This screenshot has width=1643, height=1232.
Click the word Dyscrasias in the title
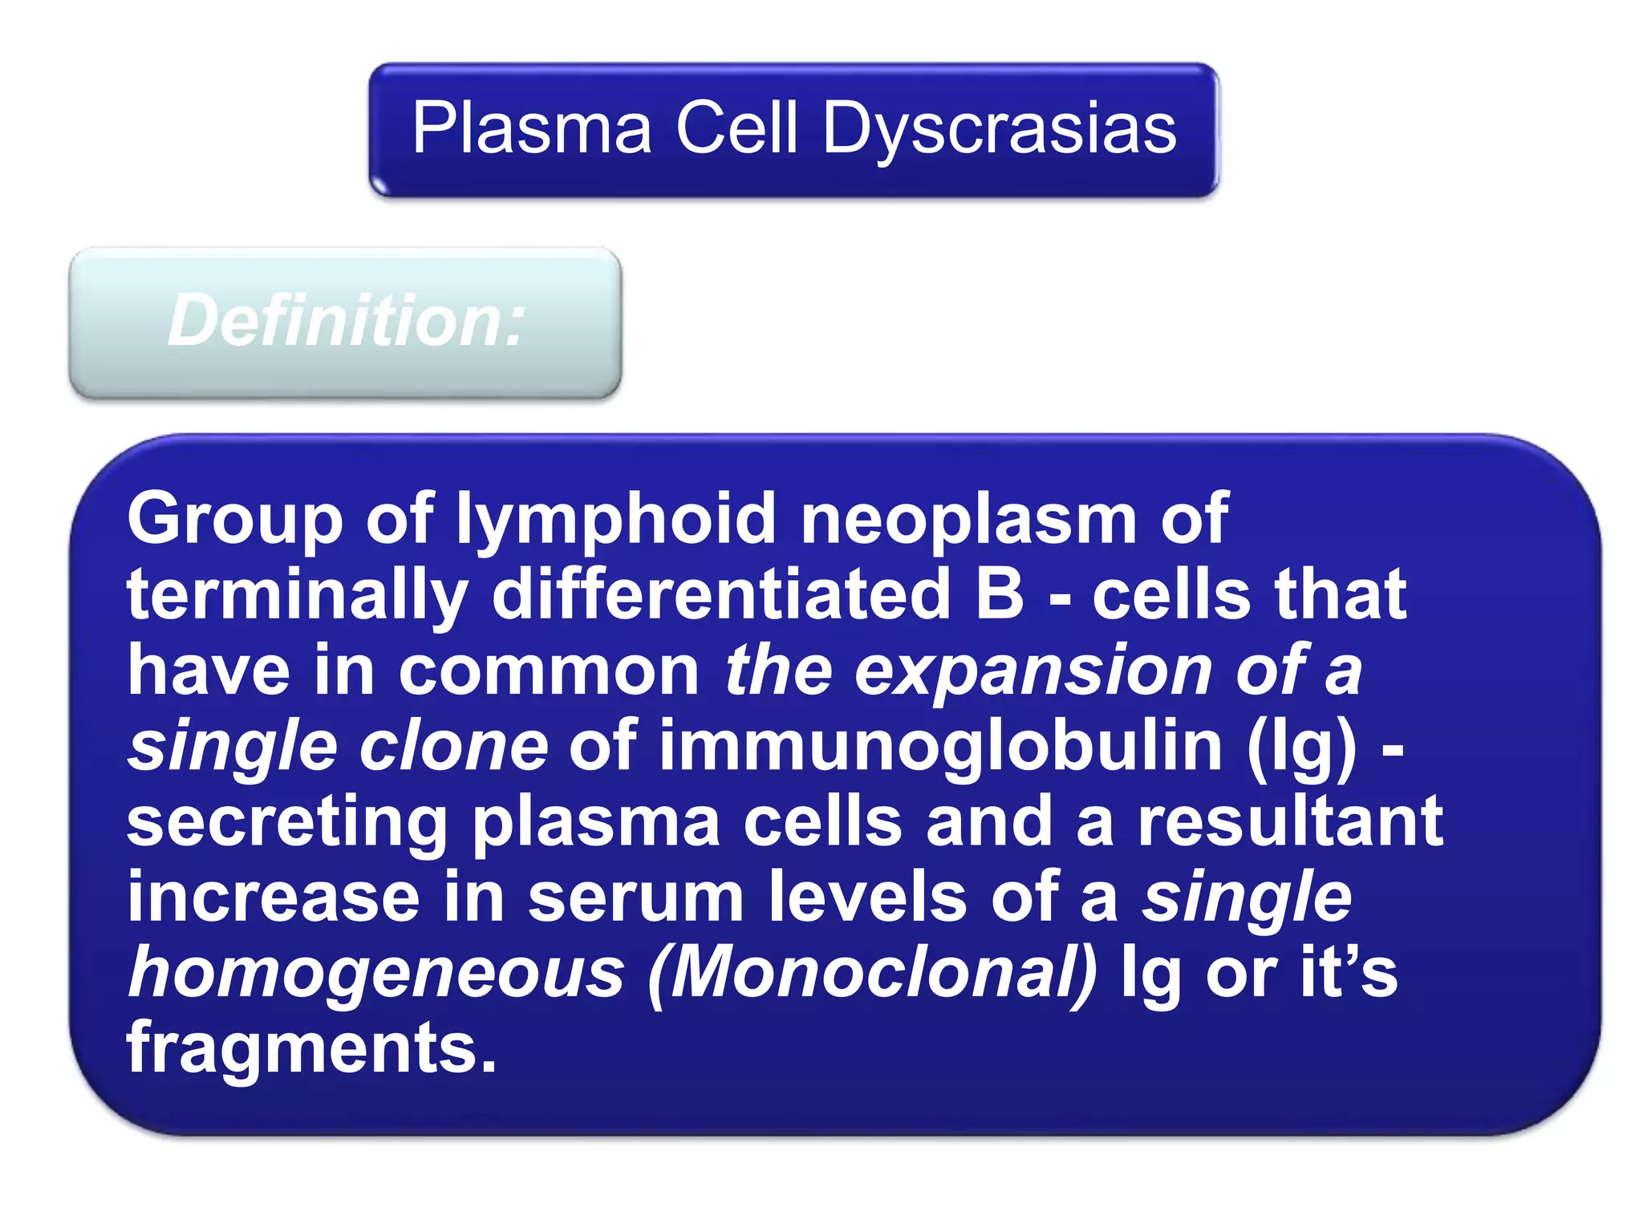point(1000,129)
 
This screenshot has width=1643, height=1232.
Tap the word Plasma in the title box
point(532,129)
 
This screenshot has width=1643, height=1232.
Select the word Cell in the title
point(737,129)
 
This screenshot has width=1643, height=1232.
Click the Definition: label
point(346,322)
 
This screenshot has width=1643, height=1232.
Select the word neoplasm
point(968,520)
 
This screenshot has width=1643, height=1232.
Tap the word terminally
point(298,596)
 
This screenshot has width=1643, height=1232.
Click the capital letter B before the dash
point(1000,594)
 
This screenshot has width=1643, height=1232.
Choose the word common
point(549,671)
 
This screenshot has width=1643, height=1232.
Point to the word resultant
point(1290,821)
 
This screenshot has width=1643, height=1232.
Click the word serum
point(636,898)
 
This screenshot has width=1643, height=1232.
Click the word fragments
point(311,1048)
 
